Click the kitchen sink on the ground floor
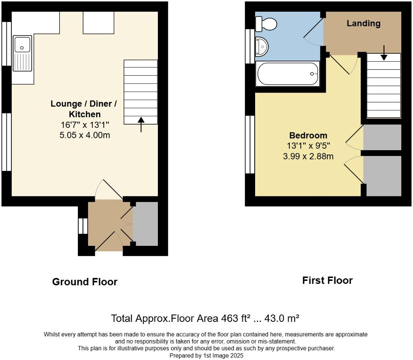click(22, 53)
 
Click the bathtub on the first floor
click(288, 74)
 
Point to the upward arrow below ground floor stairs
click(141, 125)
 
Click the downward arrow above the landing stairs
click(384, 52)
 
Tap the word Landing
click(363, 23)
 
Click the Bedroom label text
click(308, 135)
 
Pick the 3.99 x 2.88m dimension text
click(308, 156)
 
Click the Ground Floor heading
click(85, 282)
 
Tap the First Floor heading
click(327, 280)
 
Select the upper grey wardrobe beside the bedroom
click(382, 137)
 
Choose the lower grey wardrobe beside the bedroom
click(383, 176)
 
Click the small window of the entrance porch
click(81, 226)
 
